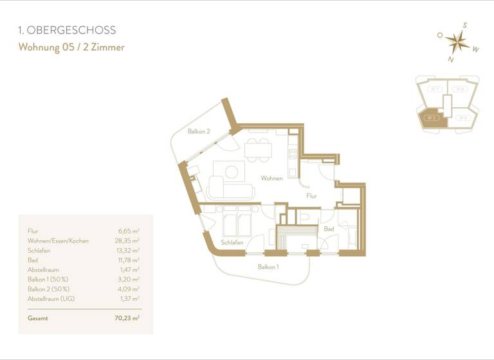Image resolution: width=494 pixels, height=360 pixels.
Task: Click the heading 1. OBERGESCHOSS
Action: pyautogui.click(x=67, y=30)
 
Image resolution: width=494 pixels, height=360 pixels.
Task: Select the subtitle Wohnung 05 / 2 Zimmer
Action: pyautogui.click(x=71, y=47)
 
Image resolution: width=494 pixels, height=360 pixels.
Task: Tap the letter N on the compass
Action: pyautogui.click(x=451, y=59)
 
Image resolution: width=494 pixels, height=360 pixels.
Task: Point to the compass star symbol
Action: pyautogui.click(x=457, y=42)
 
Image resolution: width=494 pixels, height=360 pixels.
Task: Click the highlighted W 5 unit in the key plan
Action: pyautogui.click(x=430, y=118)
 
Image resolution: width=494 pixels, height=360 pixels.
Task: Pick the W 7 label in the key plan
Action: pyautogui.click(x=435, y=89)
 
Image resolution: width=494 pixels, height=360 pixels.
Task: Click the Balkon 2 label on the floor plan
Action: pyautogui.click(x=199, y=131)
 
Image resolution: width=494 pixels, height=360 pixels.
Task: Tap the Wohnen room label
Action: pyautogui.click(x=271, y=178)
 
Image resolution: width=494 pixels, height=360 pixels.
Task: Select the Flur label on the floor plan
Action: pyautogui.click(x=311, y=196)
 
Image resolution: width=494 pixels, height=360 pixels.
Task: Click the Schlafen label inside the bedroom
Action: pyautogui.click(x=232, y=242)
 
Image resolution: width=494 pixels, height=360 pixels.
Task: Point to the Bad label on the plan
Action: pyautogui.click(x=329, y=229)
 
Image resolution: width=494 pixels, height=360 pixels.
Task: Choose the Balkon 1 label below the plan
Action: pyautogui.click(x=268, y=266)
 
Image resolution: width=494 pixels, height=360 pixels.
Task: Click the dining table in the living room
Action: pyautogui.click(x=257, y=150)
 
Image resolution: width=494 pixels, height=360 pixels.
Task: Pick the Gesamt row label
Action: pyautogui.click(x=38, y=318)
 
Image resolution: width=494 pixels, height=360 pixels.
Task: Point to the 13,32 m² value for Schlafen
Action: pyautogui.click(x=129, y=250)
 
